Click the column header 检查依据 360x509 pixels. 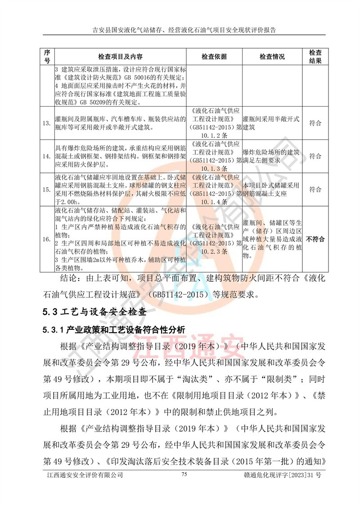(214, 57)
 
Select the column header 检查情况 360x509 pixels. (272, 57)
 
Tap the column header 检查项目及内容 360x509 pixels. (120, 57)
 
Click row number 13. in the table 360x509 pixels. (46, 123)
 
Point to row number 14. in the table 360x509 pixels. (46, 156)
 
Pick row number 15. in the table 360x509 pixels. (46, 189)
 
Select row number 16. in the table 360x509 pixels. (46, 239)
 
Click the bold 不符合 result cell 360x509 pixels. (315, 239)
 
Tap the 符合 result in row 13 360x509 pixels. (315, 123)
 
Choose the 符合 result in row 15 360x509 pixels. (315, 189)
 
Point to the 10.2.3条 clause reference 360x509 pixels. (215, 251)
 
